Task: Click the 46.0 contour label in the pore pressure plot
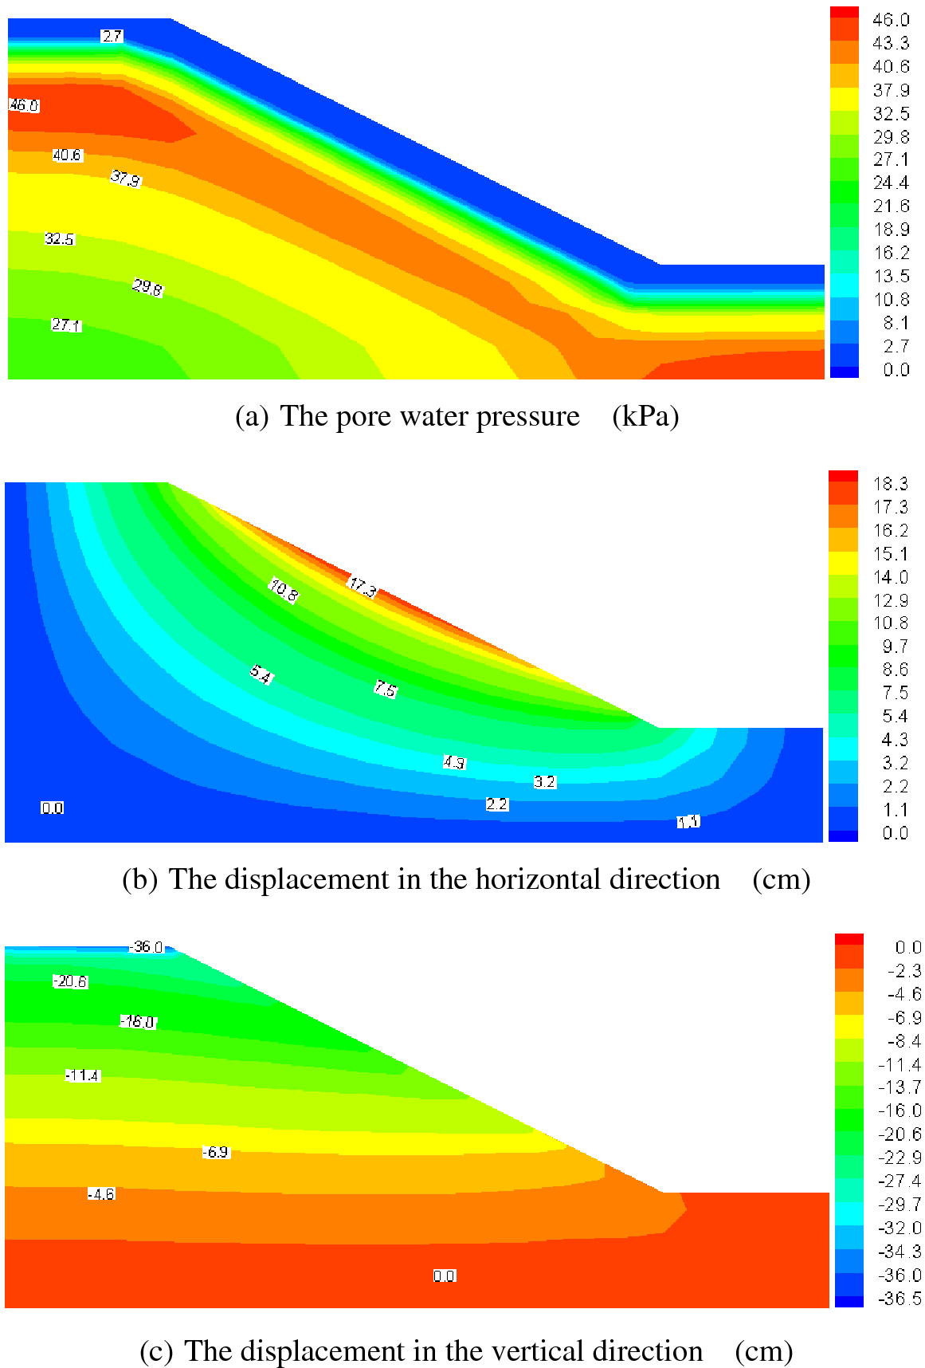pyautogui.click(x=24, y=105)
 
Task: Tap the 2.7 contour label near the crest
pyautogui.click(x=112, y=36)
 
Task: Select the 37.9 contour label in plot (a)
pyautogui.click(x=125, y=179)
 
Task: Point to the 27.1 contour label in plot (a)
pyautogui.click(x=66, y=325)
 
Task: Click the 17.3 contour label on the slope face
pyautogui.click(x=363, y=588)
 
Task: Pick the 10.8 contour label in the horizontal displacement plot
pyautogui.click(x=284, y=591)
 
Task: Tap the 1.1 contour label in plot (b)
pyautogui.click(x=688, y=822)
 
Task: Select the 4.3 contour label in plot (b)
pyautogui.click(x=454, y=763)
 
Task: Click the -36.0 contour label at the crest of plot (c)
pyautogui.click(x=147, y=947)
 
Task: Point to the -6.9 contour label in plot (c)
pyautogui.click(x=215, y=1152)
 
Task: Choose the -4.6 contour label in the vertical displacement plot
pyautogui.click(x=101, y=1194)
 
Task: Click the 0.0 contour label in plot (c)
pyautogui.click(x=445, y=1276)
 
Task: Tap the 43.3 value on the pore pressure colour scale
pyautogui.click(x=891, y=43)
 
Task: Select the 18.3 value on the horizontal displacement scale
pyautogui.click(x=891, y=484)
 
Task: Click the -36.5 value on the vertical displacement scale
pyautogui.click(x=900, y=1299)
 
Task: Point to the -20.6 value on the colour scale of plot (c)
pyautogui.click(x=900, y=1134)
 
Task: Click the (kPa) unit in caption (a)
pyautogui.click(x=645, y=417)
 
